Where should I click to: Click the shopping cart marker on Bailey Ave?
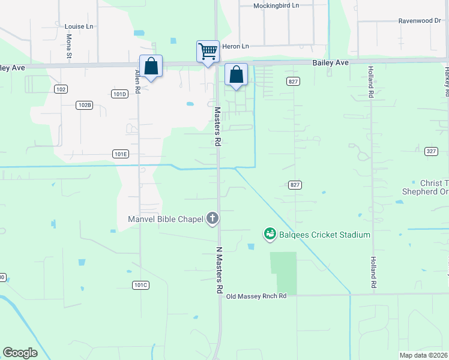point(208,52)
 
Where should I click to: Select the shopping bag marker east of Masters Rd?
point(237,74)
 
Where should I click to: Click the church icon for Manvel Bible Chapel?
point(212,218)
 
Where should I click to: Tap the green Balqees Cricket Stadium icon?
point(270,233)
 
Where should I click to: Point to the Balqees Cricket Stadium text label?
point(325,235)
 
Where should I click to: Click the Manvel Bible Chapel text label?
point(166,219)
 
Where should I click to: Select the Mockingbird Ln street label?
point(276,5)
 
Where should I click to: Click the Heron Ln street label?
point(235,46)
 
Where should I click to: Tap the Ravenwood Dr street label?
point(420,20)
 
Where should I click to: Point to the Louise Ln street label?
point(79,26)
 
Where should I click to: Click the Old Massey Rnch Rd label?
point(256,296)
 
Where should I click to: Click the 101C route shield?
point(140,285)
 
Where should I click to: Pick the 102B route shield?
point(85,105)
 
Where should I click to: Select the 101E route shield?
point(120,154)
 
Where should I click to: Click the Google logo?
point(20,352)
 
